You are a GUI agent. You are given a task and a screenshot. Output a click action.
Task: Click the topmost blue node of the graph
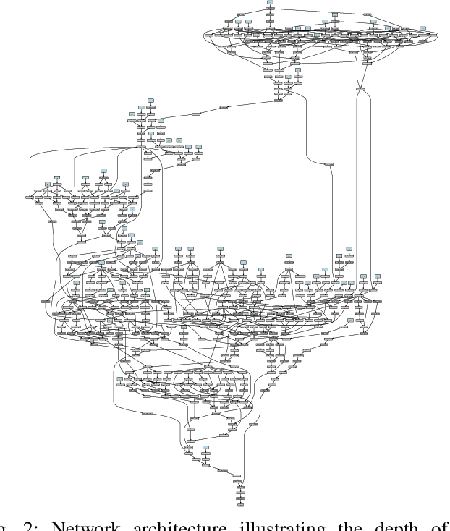pyautogui.click(x=270, y=3)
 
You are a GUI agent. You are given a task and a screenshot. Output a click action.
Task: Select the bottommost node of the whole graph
pyautogui.click(x=241, y=504)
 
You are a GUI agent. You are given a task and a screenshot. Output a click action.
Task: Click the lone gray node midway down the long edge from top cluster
pyautogui.click(x=330, y=166)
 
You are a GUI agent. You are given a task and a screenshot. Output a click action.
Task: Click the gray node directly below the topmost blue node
pyautogui.click(x=270, y=12)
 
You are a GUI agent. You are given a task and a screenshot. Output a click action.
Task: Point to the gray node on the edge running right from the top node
pyautogui.click(x=367, y=14)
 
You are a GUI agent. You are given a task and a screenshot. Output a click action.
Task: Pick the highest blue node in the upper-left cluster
pyautogui.click(x=151, y=99)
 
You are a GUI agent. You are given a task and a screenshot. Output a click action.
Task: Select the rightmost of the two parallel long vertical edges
pyautogui.click(x=370, y=181)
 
